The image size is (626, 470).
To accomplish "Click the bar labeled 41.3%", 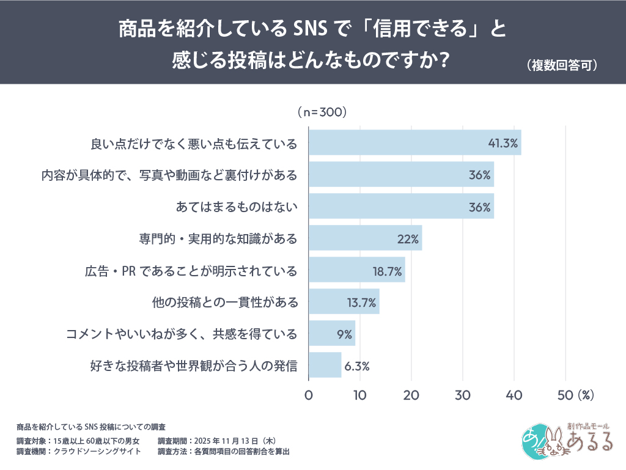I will click(414, 142).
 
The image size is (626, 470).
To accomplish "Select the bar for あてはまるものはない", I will click(401, 206).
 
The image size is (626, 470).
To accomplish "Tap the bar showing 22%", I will click(365, 238).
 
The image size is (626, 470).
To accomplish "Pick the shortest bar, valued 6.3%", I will click(325, 365).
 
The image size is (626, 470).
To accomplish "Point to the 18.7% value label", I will click(386, 270).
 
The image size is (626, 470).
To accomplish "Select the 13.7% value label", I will click(360, 302).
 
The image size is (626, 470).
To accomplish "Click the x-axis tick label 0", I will click(309, 395).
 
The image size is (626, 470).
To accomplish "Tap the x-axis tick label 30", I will click(463, 395).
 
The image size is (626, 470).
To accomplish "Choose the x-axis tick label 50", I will click(565, 395).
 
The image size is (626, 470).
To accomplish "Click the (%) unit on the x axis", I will click(586, 395).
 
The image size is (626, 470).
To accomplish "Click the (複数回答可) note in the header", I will click(561, 66).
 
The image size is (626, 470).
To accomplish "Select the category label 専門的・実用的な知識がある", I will click(218, 238).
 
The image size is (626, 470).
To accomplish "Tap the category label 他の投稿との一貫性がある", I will click(224, 302).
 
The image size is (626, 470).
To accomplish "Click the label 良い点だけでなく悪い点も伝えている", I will click(194, 144).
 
